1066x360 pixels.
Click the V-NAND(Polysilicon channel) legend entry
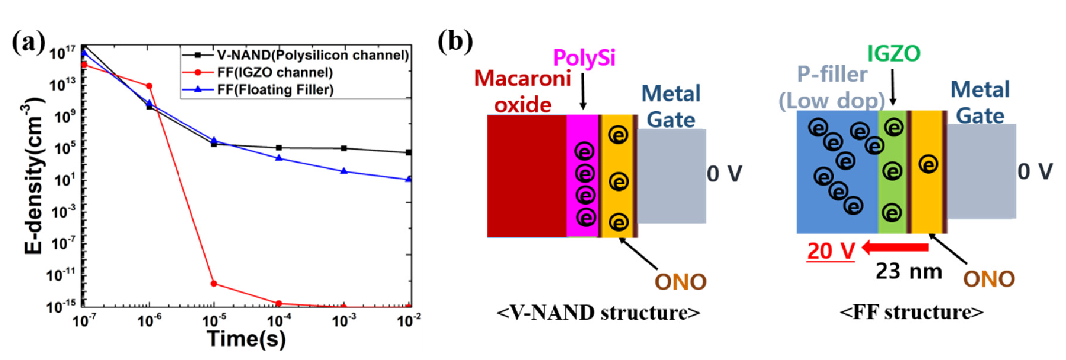point(312,55)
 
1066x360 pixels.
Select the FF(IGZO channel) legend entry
point(275,73)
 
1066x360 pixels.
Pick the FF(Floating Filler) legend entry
point(275,90)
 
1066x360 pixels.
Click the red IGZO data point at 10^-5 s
point(214,283)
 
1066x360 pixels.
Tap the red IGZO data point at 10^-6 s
point(150,86)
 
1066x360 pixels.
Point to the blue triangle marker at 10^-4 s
point(279,158)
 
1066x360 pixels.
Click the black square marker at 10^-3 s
point(344,148)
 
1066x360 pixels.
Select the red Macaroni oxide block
point(527,176)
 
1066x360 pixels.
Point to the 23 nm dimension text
point(909,272)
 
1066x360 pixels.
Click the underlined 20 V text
point(831,251)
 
